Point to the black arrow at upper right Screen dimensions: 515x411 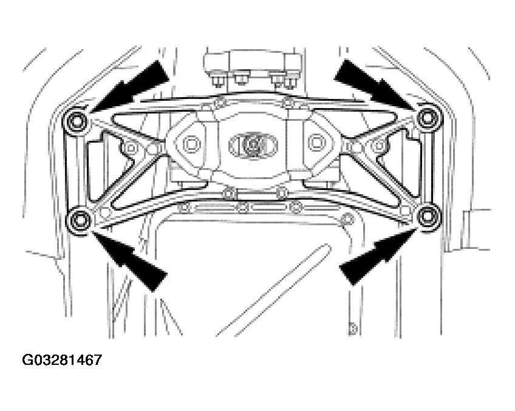[369, 80]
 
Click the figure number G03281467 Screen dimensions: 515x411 [61, 360]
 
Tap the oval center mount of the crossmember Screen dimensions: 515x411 [253, 144]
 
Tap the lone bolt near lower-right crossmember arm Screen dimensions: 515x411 [348, 219]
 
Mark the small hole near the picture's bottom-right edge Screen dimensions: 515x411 [350, 331]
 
